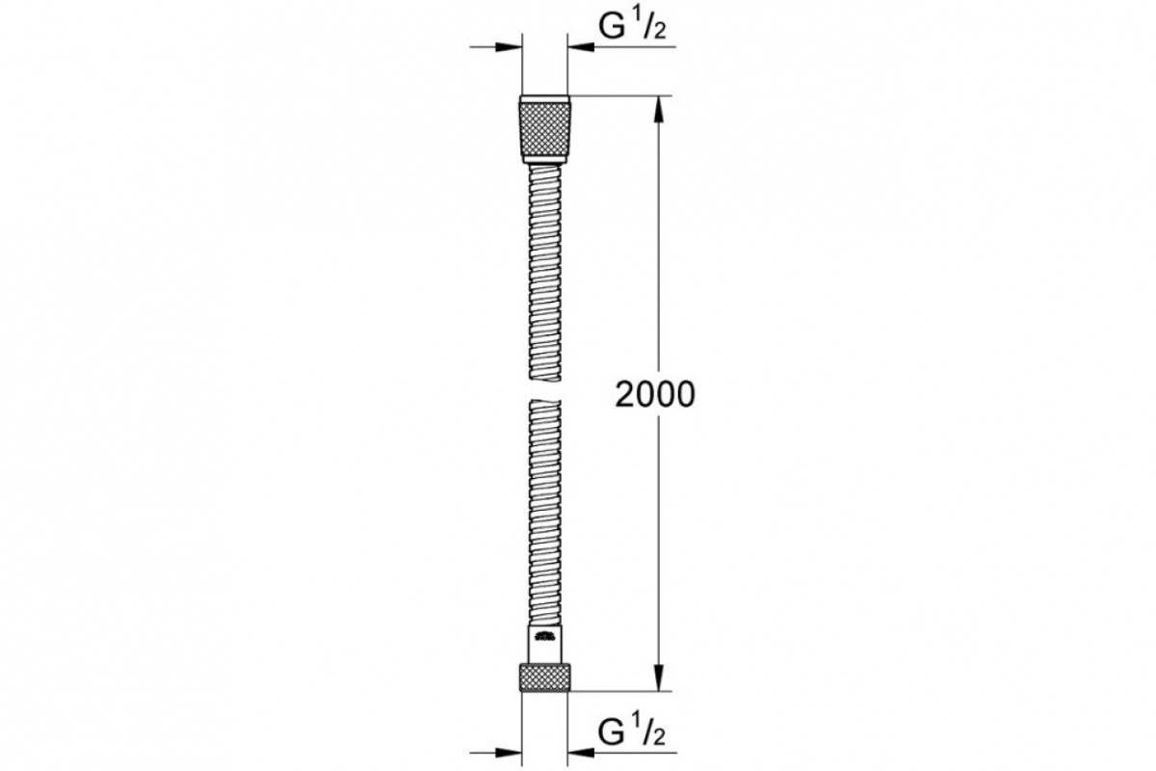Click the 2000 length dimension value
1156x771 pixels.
[655, 395]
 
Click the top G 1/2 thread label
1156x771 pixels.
[632, 26]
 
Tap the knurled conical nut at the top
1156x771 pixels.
[544, 129]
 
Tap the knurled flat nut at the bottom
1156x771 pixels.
[544, 677]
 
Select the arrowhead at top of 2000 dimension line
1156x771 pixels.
[658, 110]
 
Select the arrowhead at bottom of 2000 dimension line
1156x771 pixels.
[658, 677]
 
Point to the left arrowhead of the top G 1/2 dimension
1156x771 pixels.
[509, 47]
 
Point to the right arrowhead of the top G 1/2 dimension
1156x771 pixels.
[581, 47]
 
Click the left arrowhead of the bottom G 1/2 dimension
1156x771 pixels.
[509, 753]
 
